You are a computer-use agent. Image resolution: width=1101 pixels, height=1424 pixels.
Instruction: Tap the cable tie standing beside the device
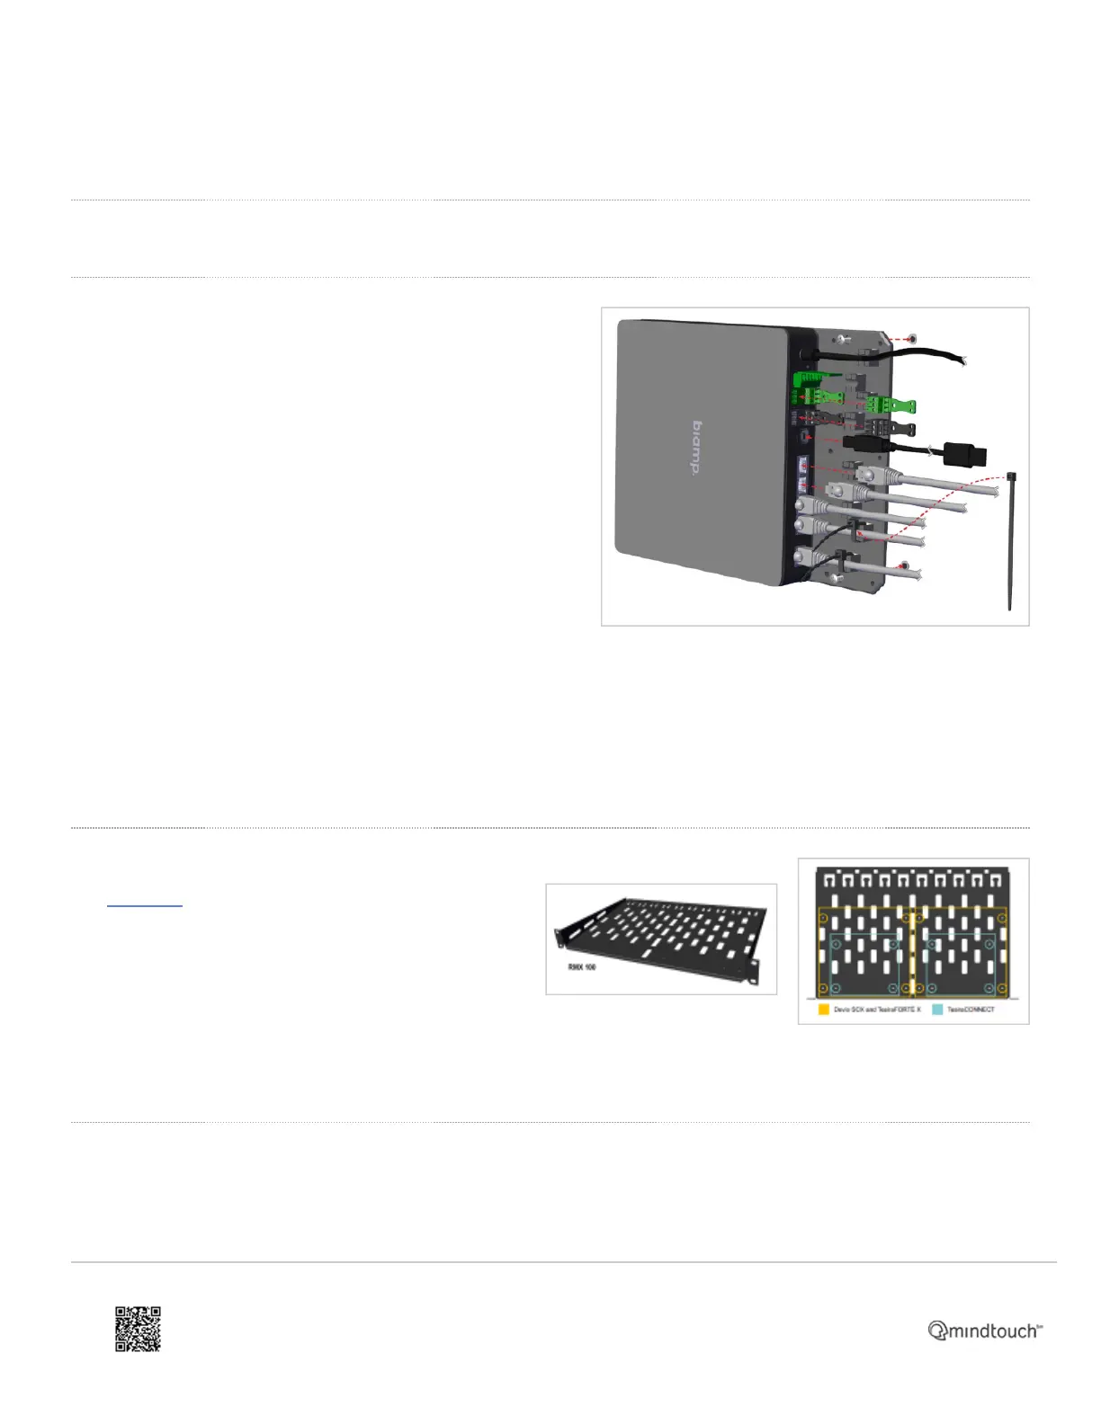[1011, 548]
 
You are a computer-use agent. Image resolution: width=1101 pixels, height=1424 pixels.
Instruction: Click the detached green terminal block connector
[892, 407]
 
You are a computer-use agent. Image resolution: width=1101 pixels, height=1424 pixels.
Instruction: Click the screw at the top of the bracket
[840, 339]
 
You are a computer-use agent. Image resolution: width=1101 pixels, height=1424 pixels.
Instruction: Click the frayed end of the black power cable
[962, 360]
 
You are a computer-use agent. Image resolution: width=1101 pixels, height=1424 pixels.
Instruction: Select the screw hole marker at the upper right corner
[913, 339]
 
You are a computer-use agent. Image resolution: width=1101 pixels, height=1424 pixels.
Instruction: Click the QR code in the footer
[138, 1329]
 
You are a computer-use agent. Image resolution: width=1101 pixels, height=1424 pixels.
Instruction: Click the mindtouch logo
[985, 1331]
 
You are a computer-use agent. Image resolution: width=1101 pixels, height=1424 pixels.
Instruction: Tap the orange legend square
[823, 1010]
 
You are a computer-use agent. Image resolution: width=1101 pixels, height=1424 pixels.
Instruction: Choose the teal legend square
[937, 1010]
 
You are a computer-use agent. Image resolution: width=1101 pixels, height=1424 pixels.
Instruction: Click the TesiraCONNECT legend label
[971, 1010]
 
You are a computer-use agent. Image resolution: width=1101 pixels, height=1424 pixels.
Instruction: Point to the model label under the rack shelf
[582, 967]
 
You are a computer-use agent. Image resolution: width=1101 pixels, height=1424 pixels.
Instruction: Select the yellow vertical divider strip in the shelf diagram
[913, 953]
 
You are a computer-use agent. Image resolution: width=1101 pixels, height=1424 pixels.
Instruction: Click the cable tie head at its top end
[1012, 476]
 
